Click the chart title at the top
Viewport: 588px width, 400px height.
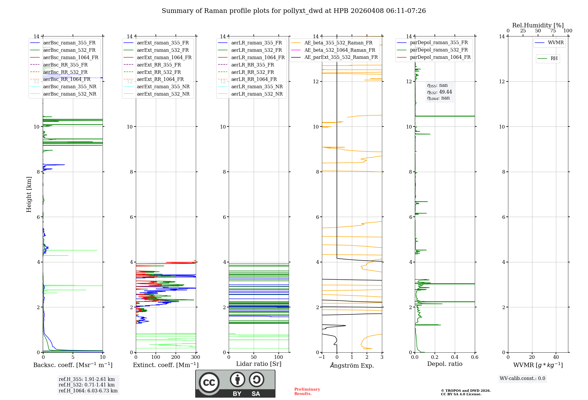point(293,11)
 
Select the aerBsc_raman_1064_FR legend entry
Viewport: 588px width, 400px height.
point(71,58)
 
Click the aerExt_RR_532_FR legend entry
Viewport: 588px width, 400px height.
point(159,72)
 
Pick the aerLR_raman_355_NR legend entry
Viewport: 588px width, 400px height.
point(257,87)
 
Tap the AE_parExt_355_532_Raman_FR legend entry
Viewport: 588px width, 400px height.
point(341,57)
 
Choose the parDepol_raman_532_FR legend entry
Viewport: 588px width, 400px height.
point(439,50)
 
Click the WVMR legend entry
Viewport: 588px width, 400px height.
point(556,43)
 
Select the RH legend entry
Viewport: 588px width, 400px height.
point(554,59)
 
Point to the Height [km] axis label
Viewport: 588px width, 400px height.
point(29,194)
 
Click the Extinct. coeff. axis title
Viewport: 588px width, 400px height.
point(166,365)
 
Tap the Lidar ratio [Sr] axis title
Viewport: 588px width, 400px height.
point(259,364)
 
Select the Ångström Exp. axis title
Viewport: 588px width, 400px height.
point(352,365)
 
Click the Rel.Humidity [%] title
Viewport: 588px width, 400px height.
point(538,25)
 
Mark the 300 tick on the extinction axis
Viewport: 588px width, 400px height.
point(196,357)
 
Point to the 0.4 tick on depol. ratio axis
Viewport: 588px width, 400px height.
point(455,357)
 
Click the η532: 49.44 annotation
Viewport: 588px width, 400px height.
point(440,92)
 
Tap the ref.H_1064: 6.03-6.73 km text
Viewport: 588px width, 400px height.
point(88,391)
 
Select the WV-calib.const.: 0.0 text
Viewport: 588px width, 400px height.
point(522,379)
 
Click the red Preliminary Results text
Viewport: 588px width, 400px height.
point(307,391)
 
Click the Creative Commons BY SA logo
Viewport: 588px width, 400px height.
point(235,384)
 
